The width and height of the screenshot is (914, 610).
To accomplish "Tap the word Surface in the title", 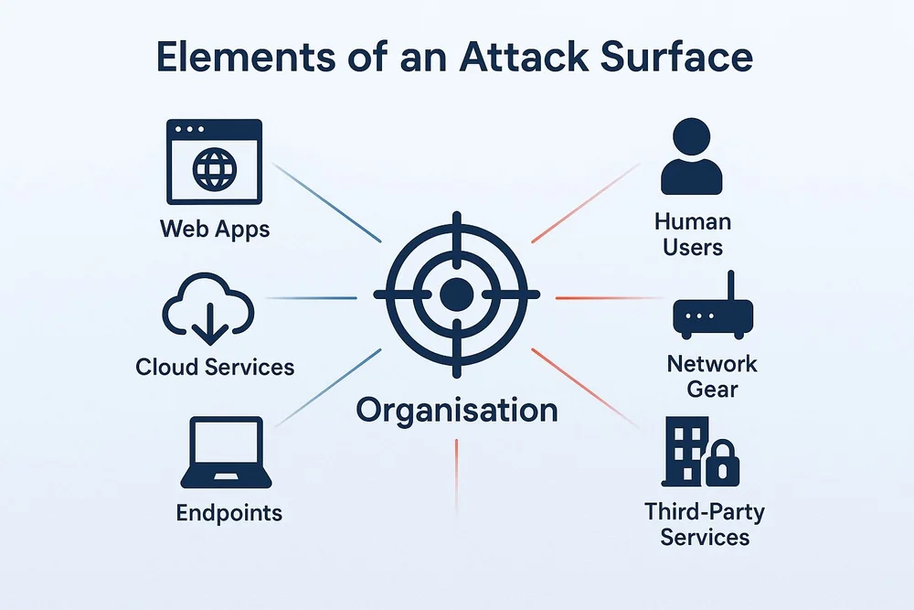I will tap(676, 57).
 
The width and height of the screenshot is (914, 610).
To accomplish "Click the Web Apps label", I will tap(215, 228).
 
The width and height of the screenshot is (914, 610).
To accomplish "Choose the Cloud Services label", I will tap(215, 368).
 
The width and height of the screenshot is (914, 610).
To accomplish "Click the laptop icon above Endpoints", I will tap(224, 453).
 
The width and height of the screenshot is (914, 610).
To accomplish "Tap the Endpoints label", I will tap(228, 513).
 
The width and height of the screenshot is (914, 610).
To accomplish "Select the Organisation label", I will tap(456, 410).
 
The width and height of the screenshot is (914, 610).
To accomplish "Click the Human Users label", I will tap(693, 234).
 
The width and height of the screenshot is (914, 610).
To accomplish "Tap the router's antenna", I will tap(731, 285).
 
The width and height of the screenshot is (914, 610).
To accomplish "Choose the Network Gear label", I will tap(712, 376).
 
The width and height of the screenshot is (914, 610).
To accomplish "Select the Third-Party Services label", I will tap(705, 523).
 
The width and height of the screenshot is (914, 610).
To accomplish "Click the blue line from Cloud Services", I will tap(311, 298).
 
